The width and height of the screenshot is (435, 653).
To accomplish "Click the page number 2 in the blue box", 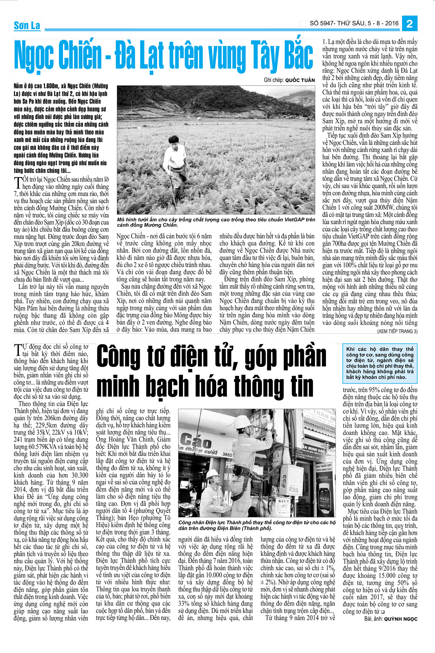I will coord(409,24).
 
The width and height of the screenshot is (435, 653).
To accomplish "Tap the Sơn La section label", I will coord(27,26).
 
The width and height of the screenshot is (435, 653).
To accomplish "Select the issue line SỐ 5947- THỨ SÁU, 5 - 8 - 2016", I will coord(354,24).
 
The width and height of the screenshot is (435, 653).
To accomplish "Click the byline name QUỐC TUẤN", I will coord(300,80).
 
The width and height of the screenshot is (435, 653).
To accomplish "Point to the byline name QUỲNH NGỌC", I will coord(400,619).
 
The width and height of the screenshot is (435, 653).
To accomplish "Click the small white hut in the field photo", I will coord(199,118).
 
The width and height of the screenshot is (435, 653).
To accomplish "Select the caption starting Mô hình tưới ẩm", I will coord(216,222).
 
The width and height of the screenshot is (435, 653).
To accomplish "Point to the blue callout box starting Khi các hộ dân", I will coord(380,363).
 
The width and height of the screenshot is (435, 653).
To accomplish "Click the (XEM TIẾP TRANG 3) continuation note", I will coord(397,331).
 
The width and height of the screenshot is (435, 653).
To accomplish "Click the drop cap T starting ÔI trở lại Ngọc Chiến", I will coord(18,183).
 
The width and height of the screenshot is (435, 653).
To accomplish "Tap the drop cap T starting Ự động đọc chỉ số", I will coord(18,350).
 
